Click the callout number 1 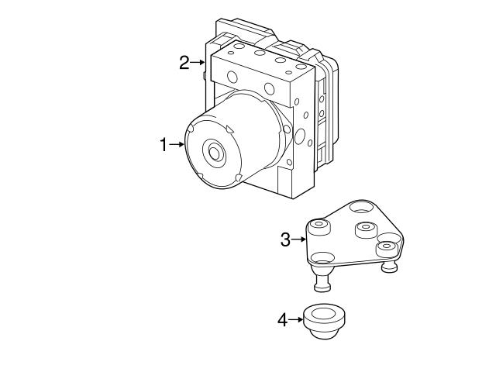[x=164, y=144]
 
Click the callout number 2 [x=184, y=63]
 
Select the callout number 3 [x=285, y=239]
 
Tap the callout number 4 [x=283, y=319]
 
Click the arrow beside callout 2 [x=198, y=63]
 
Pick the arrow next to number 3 [x=300, y=239]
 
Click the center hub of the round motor [x=213, y=152]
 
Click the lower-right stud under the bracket [x=391, y=267]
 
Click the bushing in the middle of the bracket [x=365, y=230]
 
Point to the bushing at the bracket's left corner [x=318, y=227]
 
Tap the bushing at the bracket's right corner [x=385, y=248]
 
